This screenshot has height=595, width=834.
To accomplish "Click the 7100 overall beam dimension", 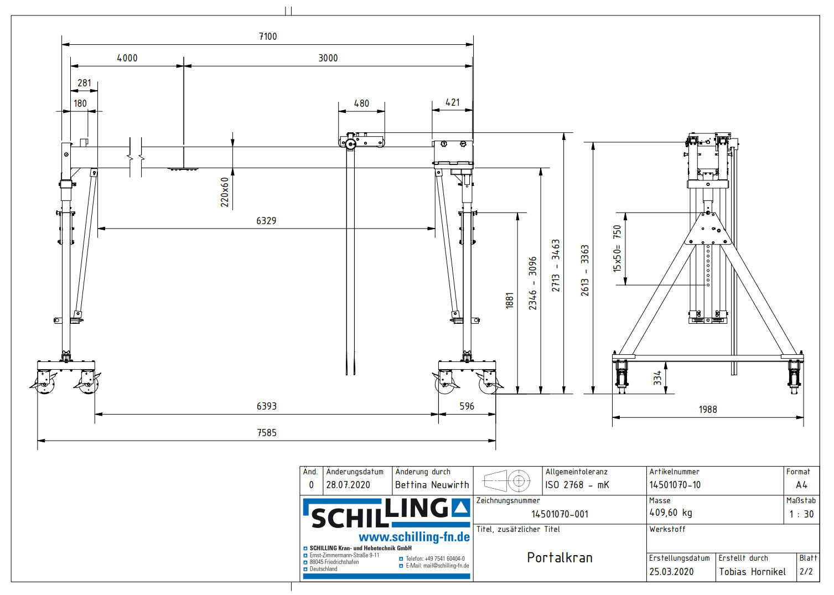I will [x=268, y=37].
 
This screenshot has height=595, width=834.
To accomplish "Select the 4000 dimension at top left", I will [x=127, y=58].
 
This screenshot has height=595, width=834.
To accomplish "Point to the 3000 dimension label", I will [x=328, y=58].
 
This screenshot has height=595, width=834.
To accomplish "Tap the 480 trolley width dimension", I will [x=361, y=104].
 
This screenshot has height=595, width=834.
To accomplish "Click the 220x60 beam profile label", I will [x=225, y=192].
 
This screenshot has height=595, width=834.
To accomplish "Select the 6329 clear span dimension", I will [x=266, y=221].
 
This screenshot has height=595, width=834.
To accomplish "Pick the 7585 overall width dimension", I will [x=267, y=433].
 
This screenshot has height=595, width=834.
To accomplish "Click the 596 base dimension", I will [x=467, y=406].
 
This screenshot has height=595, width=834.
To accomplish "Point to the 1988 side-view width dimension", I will [x=708, y=410].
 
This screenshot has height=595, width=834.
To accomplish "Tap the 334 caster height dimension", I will [x=657, y=378].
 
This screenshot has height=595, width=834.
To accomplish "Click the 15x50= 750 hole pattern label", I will [x=617, y=249].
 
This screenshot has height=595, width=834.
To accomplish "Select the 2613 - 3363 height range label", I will [x=585, y=270].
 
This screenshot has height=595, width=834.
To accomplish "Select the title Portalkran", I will [x=560, y=557].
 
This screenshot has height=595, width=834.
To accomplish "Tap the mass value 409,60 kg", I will [x=671, y=513].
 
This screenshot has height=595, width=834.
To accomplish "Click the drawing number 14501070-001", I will [x=560, y=514].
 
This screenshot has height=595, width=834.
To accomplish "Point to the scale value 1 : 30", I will [x=801, y=514].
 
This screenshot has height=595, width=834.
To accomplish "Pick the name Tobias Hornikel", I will [x=752, y=572].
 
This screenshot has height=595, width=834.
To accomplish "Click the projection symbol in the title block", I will [x=507, y=480].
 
